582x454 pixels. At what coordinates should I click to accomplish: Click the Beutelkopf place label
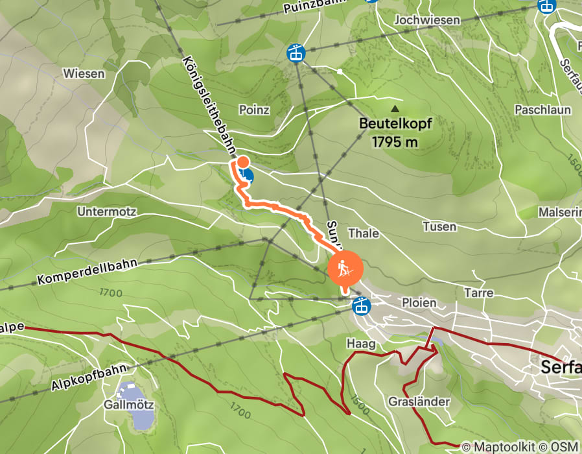click(395, 123)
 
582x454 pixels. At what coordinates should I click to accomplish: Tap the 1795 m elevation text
click(395, 141)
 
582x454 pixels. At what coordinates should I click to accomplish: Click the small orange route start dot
click(242, 162)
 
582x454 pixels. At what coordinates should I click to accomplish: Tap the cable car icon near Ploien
click(361, 305)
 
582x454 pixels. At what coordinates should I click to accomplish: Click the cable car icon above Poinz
click(296, 53)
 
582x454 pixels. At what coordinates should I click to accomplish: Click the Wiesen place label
click(84, 73)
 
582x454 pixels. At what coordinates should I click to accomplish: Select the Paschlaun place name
click(542, 110)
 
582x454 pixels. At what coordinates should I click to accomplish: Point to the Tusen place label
click(439, 226)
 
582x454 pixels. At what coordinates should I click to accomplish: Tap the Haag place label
click(361, 344)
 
